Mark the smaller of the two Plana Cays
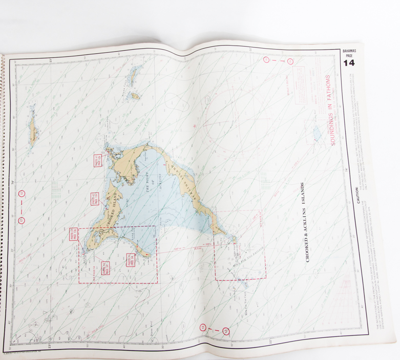coord(135,96)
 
